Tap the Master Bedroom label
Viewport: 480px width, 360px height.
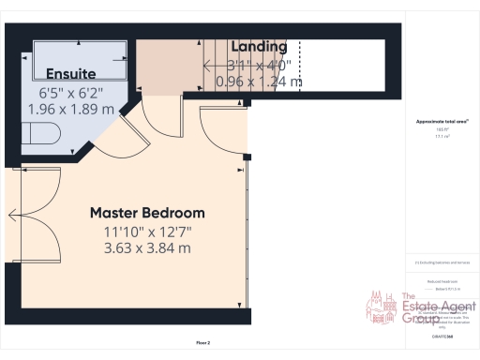[147, 213]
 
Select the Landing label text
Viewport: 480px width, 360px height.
[259, 47]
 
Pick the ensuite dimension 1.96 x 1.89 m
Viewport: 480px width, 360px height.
[71, 109]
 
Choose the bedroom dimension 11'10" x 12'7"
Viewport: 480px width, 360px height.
[147, 232]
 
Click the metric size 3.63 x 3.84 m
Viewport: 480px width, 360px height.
[147, 248]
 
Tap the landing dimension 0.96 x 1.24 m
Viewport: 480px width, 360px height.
[259, 82]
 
